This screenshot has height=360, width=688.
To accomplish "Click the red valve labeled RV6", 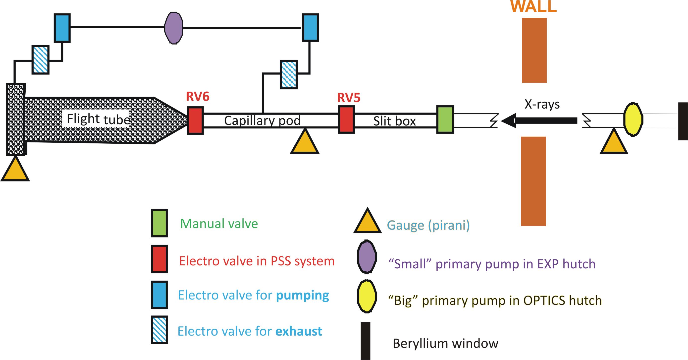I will pyautogui.click(x=195, y=120).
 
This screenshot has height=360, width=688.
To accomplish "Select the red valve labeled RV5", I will pyautogui.click(x=346, y=120).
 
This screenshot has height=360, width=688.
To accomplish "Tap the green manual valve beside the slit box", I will pyautogui.click(x=445, y=120).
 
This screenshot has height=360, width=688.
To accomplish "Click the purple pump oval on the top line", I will pyautogui.click(x=174, y=28).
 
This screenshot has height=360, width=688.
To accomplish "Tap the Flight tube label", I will pyautogui.click(x=98, y=119).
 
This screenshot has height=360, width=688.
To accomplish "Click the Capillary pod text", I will pyautogui.click(x=262, y=120).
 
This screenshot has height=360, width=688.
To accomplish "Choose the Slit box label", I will pyautogui.click(x=394, y=121).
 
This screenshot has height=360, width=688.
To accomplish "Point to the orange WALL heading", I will pyautogui.click(x=533, y=6).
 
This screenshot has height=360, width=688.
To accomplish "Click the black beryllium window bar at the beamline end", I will pyautogui.click(x=683, y=121).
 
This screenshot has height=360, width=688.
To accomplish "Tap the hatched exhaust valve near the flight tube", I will pyautogui.click(x=41, y=60).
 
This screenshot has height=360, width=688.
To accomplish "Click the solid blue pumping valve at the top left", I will pyautogui.click(x=62, y=28).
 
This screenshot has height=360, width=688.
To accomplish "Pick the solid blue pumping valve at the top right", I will pyautogui.click(x=310, y=28).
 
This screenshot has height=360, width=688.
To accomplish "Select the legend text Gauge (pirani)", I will pyautogui.click(x=428, y=225).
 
